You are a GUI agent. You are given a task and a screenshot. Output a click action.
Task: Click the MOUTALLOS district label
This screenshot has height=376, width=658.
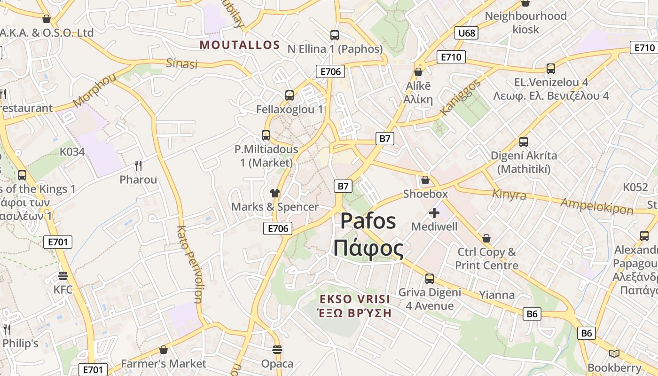pyautogui.click(x=240, y=45)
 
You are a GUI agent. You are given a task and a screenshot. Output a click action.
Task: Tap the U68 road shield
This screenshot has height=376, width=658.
pyautogui.click(x=466, y=33)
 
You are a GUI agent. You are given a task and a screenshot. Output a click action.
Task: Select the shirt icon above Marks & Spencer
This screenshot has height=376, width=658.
pyautogui.click(x=275, y=193)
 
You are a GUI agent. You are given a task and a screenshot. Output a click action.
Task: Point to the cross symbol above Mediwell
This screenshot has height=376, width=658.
pyautogui.click(x=434, y=213)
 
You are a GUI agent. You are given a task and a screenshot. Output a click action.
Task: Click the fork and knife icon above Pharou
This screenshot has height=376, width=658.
pyautogui.click(x=138, y=165)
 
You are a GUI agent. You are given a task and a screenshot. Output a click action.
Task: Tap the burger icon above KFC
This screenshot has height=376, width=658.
pyautogui.click(x=63, y=275)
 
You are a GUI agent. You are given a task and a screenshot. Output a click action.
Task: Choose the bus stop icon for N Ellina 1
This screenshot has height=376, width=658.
pyautogui.click(x=335, y=35)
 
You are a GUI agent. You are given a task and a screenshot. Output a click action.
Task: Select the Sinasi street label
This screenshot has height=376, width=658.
pyautogui.click(x=182, y=63)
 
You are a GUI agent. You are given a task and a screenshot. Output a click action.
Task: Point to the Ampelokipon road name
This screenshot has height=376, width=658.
pyautogui.click(x=597, y=206)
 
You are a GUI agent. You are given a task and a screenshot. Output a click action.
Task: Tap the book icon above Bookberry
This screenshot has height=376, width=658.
pyautogui.click(x=614, y=353)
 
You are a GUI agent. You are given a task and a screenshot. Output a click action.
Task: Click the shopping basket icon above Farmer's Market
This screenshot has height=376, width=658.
pyautogui.click(x=164, y=350)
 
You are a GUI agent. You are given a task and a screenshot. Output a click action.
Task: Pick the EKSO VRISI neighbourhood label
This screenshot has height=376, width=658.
pyautogui.click(x=355, y=299)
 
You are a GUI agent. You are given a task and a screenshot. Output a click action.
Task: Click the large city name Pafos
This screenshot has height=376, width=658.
pyautogui.click(x=368, y=221)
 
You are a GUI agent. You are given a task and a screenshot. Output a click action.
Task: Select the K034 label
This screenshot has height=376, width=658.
pyautogui.click(x=72, y=152)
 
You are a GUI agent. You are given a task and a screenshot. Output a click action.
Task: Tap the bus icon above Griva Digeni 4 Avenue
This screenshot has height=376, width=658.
pyautogui.click(x=430, y=278)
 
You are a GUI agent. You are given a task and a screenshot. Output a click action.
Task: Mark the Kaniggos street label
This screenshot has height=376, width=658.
pyautogui.click(x=460, y=97)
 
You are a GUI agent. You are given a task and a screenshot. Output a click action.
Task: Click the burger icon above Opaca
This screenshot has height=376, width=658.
pyautogui.click(x=277, y=350)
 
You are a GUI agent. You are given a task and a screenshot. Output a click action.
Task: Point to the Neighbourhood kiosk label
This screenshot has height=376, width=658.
pyautogui.click(x=525, y=23)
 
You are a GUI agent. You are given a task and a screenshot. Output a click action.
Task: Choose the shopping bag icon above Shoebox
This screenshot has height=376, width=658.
pyautogui.click(x=425, y=180)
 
